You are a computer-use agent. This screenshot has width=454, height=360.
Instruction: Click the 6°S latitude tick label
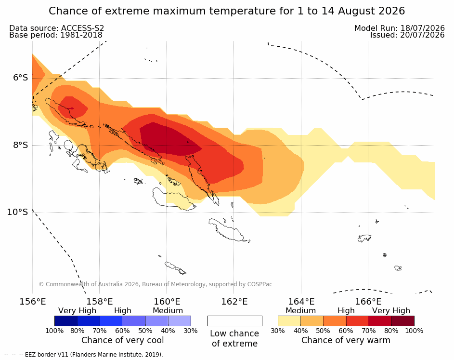click(x=20, y=78)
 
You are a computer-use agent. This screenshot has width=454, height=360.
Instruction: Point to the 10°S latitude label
click(x=18, y=212)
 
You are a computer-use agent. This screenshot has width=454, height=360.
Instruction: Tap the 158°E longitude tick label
click(x=100, y=302)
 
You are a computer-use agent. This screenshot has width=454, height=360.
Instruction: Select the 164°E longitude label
click(x=301, y=302)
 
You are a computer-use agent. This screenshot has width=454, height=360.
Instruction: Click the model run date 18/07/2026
click(x=422, y=28)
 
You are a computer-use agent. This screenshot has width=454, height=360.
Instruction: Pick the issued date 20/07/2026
click(x=422, y=35)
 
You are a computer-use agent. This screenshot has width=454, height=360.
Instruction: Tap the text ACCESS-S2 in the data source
click(x=82, y=28)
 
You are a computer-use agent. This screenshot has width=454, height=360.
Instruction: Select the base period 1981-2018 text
click(x=81, y=35)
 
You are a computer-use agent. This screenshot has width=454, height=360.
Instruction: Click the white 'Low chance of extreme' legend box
click(x=235, y=321)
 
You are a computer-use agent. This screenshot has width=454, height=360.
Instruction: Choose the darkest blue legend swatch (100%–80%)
click(x=66, y=321)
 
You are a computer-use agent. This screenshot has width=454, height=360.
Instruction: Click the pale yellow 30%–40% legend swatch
click(x=289, y=321)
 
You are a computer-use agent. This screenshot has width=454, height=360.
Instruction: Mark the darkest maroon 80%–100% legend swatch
click(x=403, y=321)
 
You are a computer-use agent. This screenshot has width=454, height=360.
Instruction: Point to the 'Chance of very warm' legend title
click(x=346, y=340)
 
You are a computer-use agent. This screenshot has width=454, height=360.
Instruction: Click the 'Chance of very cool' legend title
click(x=122, y=340)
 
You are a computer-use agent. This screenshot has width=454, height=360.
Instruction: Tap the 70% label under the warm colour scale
click(x=369, y=331)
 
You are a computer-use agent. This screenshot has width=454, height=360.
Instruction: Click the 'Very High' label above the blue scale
click(x=77, y=310)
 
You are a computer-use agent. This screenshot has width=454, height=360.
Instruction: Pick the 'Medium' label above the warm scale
click(x=300, y=310)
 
